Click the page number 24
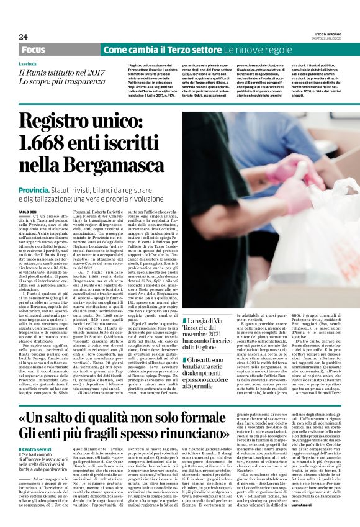click(x=23, y=37)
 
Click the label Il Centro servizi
click(x=36, y=446)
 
